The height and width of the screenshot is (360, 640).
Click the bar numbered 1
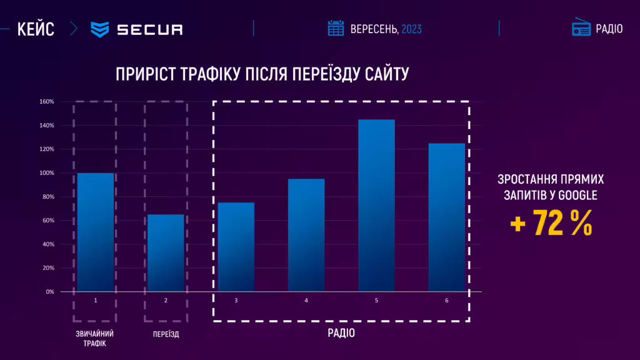(95, 232)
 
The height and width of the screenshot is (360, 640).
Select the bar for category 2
(166, 252)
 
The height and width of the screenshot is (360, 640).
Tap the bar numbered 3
(236, 247)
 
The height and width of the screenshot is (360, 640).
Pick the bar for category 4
(306, 235)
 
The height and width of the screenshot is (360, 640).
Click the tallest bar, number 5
(376, 205)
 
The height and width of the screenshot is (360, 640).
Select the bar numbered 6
(446, 217)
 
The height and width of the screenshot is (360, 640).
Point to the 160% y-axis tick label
(47, 101)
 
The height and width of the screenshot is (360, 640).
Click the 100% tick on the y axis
(47, 173)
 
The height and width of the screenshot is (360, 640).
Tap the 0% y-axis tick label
(49, 292)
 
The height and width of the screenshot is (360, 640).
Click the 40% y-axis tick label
(48, 244)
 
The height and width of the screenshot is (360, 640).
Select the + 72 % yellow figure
(551, 224)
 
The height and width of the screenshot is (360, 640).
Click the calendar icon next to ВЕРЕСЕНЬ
(336, 28)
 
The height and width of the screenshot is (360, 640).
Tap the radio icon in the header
(581, 28)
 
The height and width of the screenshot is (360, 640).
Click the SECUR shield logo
(100, 29)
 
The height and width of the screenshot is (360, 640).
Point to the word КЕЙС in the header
(36, 29)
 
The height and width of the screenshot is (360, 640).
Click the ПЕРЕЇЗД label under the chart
(166, 334)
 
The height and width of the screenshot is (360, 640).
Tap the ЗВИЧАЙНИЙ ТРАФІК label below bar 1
(95, 338)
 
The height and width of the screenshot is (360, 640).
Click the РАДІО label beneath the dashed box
(341, 333)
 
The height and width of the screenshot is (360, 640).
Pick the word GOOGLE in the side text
(578, 196)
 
